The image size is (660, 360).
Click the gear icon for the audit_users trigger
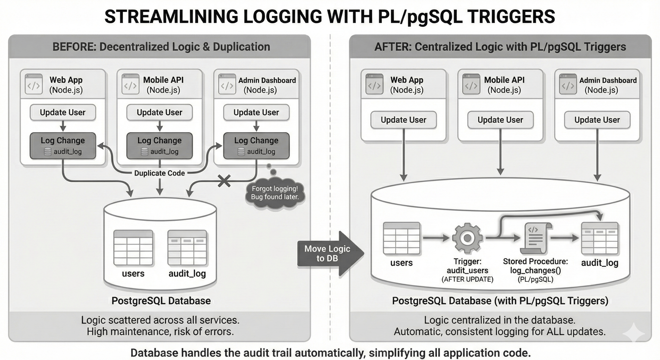(467, 238)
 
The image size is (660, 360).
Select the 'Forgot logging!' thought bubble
(275, 193)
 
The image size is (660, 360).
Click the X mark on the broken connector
(224, 181)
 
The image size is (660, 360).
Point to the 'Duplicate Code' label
(159, 173)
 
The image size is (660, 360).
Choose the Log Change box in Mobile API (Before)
(159, 146)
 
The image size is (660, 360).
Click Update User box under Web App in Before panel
(63, 113)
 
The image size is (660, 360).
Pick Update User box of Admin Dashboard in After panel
(597, 120)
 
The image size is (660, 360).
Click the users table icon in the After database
(401, 238)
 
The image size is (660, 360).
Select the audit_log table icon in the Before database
(187, 248)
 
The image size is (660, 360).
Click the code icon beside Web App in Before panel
(34, 84)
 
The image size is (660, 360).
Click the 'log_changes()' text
(535, 271)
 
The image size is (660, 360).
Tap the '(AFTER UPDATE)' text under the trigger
(467, 279)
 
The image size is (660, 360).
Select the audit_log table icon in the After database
(599, 238)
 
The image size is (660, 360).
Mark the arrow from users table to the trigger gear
(436, 238)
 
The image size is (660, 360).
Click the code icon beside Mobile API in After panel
(471, 84)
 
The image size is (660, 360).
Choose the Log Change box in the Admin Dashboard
(256, 146)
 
